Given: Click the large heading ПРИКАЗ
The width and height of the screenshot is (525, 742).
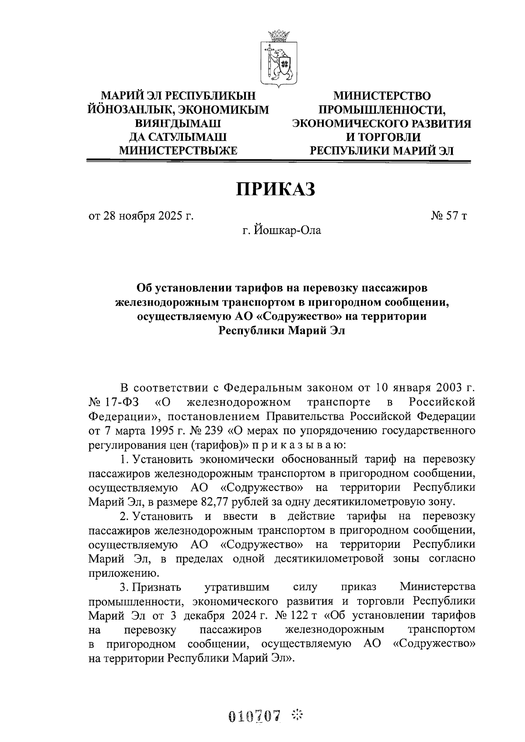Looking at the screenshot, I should click(276, 189).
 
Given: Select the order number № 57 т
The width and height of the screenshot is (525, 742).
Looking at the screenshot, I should click(449, 216).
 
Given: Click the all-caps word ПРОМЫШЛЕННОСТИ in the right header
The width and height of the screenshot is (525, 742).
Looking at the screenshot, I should click(381, 109).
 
